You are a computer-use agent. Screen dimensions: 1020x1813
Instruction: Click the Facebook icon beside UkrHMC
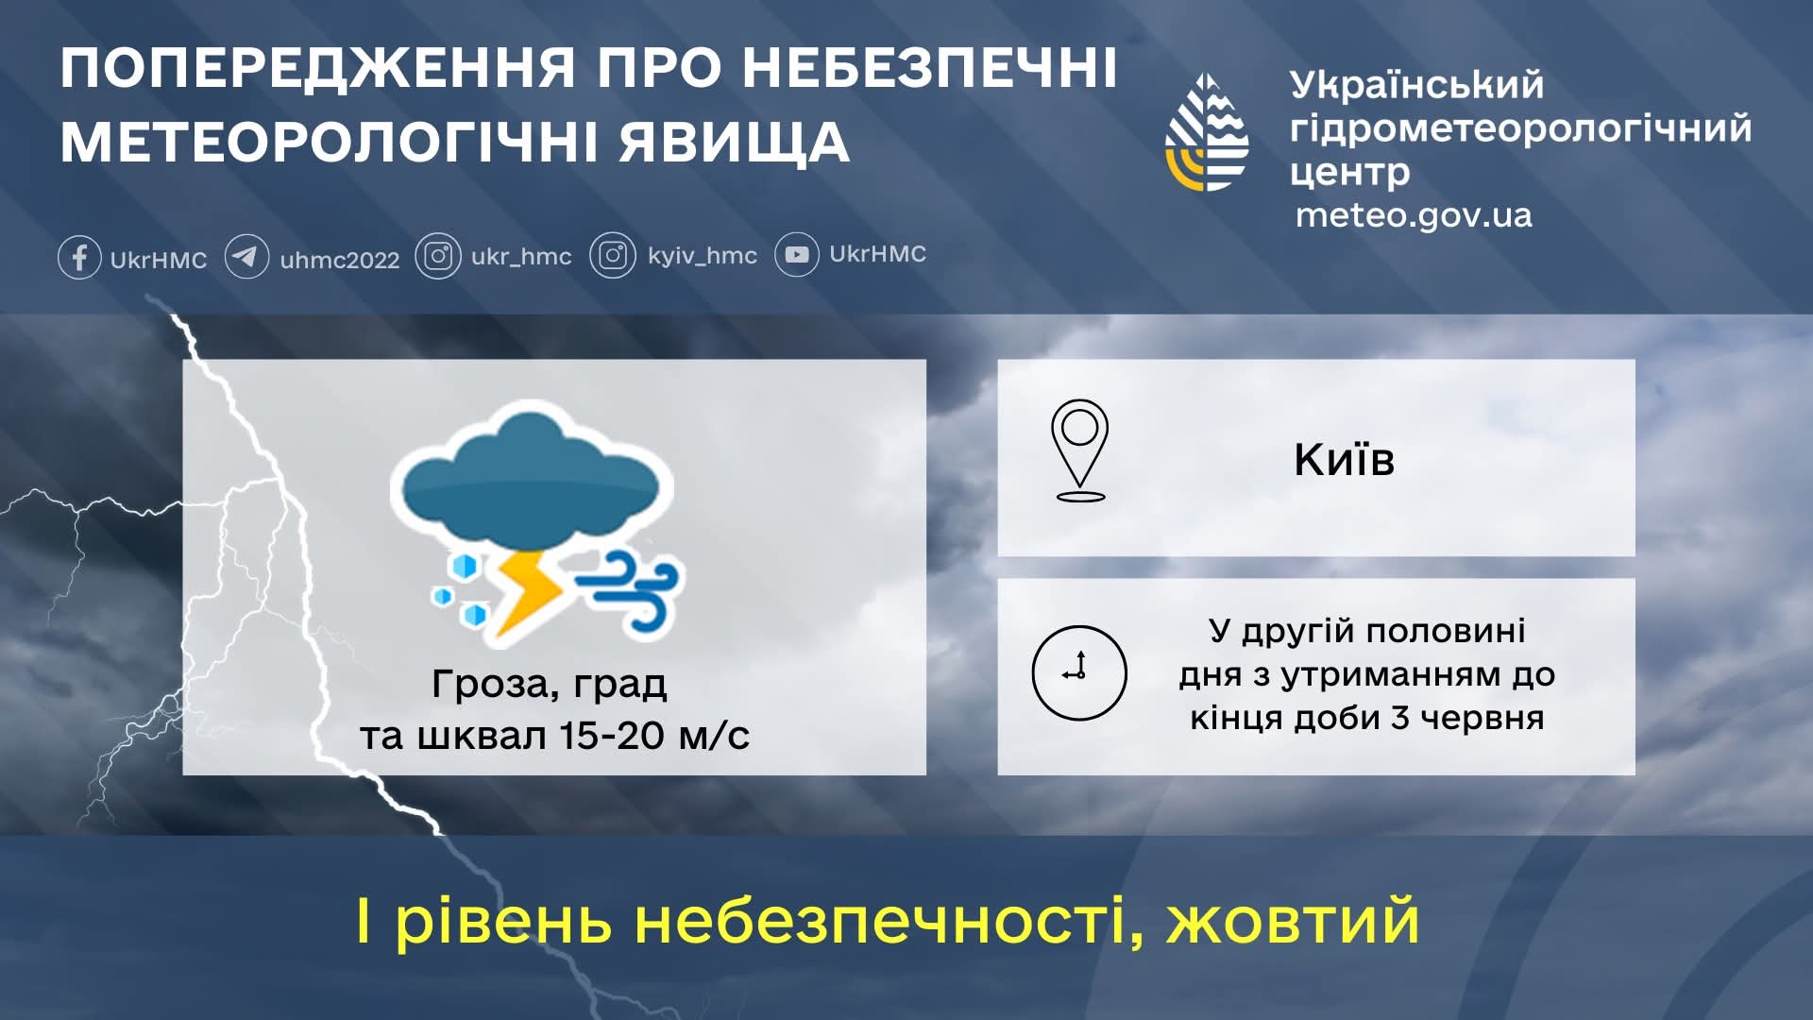[x=79, y=257]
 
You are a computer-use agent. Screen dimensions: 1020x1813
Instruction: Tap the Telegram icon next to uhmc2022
[x=246, y=257]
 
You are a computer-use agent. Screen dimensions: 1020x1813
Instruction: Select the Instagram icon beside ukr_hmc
[x=438, y=256]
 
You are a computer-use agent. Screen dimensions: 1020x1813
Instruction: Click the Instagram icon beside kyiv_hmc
[x=613, y=256]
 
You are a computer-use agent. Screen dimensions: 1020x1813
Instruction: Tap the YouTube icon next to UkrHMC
[x=797, y=255]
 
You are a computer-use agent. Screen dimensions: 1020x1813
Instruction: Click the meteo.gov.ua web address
[x=1413, y=215]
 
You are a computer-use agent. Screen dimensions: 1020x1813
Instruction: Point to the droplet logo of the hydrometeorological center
[x=1207, y=132]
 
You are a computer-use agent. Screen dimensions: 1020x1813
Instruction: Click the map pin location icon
[x=1079, y=450]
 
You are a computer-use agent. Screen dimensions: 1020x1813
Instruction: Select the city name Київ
[x=1344, y=460]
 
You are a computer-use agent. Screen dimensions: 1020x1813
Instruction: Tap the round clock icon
[x=1079, y=672]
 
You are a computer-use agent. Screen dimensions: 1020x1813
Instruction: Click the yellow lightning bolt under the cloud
[x=525, y=590]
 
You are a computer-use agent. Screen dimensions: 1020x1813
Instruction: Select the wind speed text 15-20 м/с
[x=654, y=736]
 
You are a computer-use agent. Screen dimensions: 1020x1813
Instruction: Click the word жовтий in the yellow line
[x=1293, y=922]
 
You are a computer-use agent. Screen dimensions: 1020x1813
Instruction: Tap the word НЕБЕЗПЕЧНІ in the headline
[x=929, y=68]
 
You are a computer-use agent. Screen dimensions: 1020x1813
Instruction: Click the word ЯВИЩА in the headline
[x=735, y=144]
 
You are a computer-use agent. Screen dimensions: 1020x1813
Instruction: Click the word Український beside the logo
[x=1416, y=85]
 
